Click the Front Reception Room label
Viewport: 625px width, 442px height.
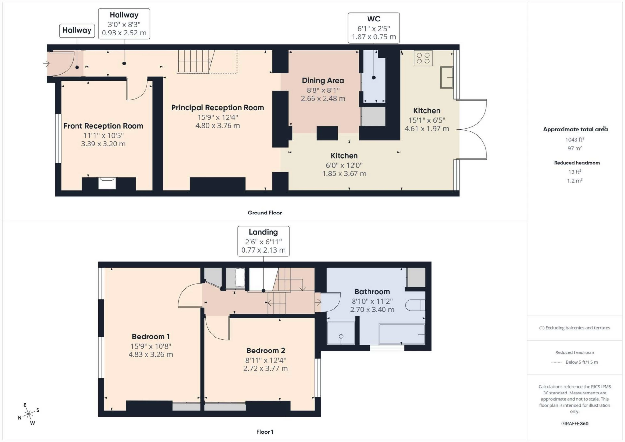pyautogui.click(x=103, y=126)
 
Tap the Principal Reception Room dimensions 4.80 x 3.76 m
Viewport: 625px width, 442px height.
pyautogui.click(x=217, y=126)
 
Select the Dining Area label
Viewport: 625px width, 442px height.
pyautogui.click(x=323, y=80)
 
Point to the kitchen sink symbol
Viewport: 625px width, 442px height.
pyautogui.click(x=447, y=77)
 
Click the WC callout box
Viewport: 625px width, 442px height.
pyautogui.click(x=373, y=28)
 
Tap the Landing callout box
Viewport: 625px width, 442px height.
pyautogui.click(x=263, y=241)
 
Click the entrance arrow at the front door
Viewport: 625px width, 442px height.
pyautogui.click(x=46, y=64)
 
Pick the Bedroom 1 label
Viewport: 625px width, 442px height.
pyautogui.click(x=150, y=337)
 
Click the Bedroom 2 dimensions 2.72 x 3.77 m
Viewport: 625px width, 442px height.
pyautogui.click(x=265, y=368)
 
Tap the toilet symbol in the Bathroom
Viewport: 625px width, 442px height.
pyautogui.click(x=415, y=305)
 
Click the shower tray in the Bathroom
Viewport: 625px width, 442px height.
pyautogui.click(x=341, y=333)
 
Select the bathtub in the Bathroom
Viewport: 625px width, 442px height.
pyautogui.click(x=402, y=334)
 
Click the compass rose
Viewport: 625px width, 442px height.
pyautogui.click(x=29, y=414)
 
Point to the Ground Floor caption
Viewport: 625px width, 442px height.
pyautogui.click(x=264, y=213)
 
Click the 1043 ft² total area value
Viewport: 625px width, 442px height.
pyautogui.click(x=575, y=140)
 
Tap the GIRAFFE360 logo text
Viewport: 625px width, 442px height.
pyautogui.click(x=575, y=423)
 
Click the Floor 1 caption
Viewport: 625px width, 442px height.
pyautogui.click(x=264, y=432)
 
